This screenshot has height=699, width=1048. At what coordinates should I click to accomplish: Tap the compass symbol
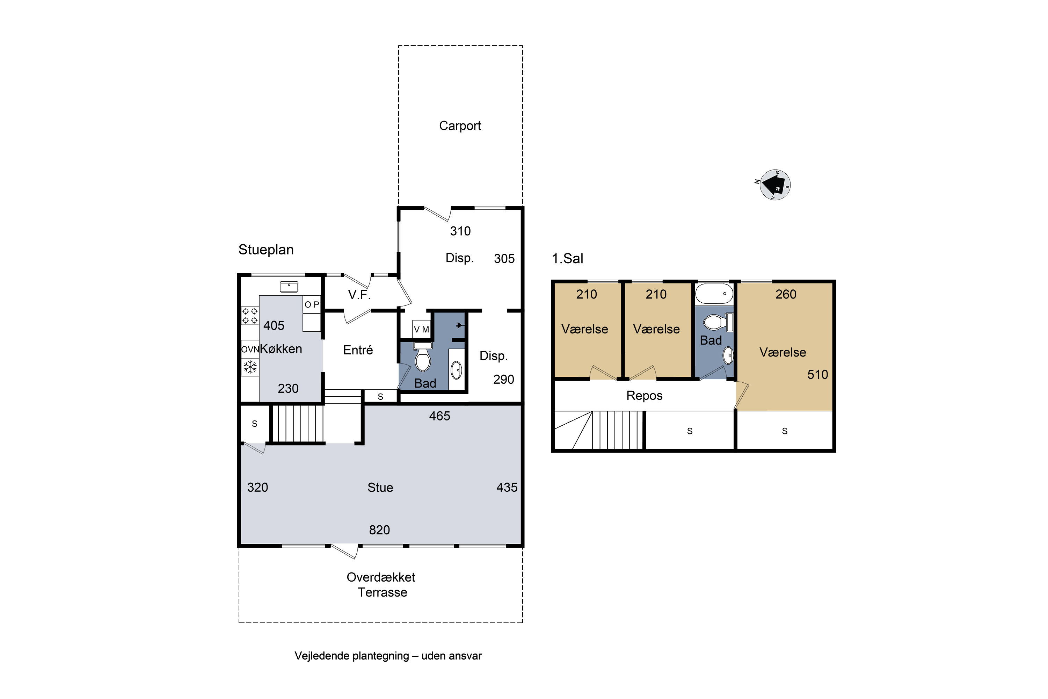pos(775,185)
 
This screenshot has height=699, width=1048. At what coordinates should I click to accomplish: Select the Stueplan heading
pos(266,250)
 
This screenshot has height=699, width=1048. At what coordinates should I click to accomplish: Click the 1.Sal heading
pos(567,259)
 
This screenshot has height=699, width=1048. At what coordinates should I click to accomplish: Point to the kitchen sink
pos(289,287)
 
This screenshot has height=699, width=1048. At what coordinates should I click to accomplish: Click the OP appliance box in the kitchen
pos(312,304)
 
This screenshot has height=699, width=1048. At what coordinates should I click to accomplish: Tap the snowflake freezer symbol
pos(250,367)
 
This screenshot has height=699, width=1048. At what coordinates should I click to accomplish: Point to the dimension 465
pos(439,416)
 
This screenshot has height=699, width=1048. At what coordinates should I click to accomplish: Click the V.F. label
pos(359,295)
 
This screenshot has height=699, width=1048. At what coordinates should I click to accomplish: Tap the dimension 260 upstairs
pos(786,295)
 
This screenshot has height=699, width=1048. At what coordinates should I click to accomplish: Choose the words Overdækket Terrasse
pos(381,585)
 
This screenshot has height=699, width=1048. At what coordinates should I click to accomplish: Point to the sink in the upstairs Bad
pos(728,356)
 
